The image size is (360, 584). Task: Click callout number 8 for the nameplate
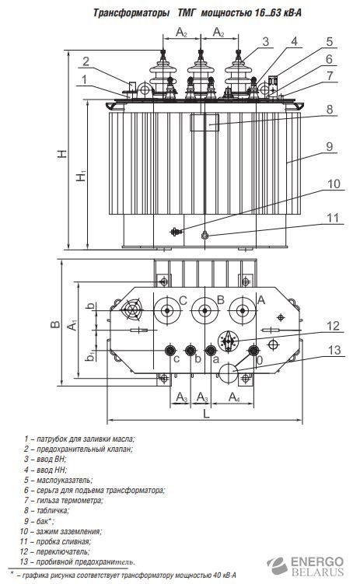(x=330, y=110)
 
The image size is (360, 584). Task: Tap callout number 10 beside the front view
(x=334, y=184)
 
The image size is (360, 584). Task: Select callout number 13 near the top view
(x=334, y=350)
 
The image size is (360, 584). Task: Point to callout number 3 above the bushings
(x=265, y=42)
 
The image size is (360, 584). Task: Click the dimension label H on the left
(x=62, y=153)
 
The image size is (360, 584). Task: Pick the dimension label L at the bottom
(x=206, y=414)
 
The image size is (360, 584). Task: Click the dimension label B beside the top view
(x=55, y=324)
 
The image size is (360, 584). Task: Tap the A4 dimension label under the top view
(x=234, y=397)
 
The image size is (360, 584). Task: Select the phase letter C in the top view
(x=183, y=300)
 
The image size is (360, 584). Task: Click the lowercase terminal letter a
(x=215, y=359)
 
